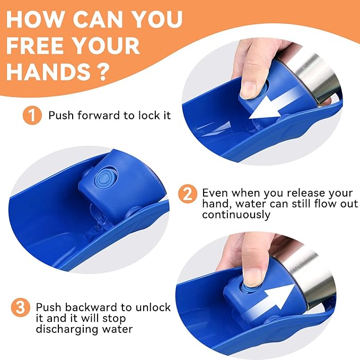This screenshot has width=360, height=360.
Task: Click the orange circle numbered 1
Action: (32, 115)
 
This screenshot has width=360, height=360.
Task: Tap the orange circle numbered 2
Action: (188, 194)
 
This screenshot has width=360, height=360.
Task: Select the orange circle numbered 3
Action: (21, 308)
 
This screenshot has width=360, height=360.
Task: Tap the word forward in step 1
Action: (99, 115)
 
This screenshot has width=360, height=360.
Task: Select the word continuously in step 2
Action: (236, 215)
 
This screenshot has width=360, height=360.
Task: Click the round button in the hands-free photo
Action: (105, 178)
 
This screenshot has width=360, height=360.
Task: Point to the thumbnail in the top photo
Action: (248, 90)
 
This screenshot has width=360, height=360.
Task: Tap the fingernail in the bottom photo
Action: (252, 278)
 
